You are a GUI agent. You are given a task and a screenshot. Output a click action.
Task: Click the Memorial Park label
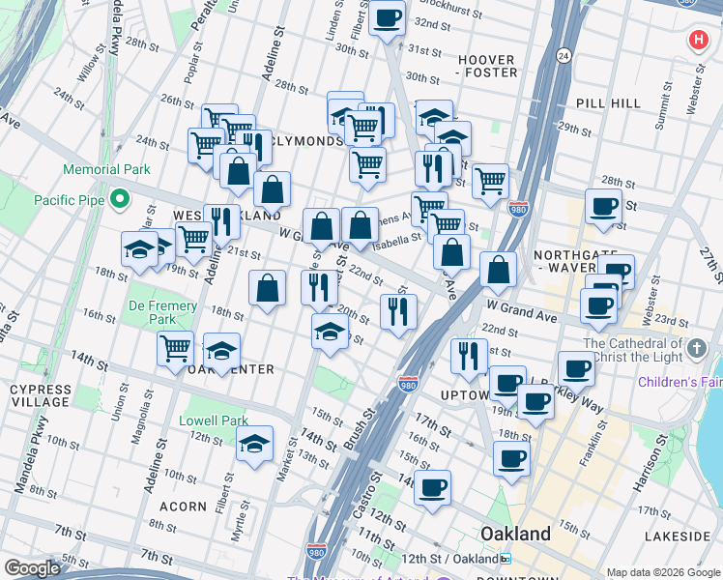106,169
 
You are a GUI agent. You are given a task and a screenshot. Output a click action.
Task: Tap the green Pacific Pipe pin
120,200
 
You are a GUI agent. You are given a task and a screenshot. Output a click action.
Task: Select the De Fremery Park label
162,312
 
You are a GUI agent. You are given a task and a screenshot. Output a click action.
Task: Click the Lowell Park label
214,420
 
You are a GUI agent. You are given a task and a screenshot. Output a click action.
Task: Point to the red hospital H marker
697,41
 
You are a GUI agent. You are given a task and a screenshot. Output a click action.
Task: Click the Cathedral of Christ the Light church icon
698,346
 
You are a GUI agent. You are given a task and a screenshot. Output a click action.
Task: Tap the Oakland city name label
516,534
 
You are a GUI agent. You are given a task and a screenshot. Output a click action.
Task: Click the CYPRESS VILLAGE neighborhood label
40,395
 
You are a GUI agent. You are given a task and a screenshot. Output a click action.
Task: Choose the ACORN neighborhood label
184,506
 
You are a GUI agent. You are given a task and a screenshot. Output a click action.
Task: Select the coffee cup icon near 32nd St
387,16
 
